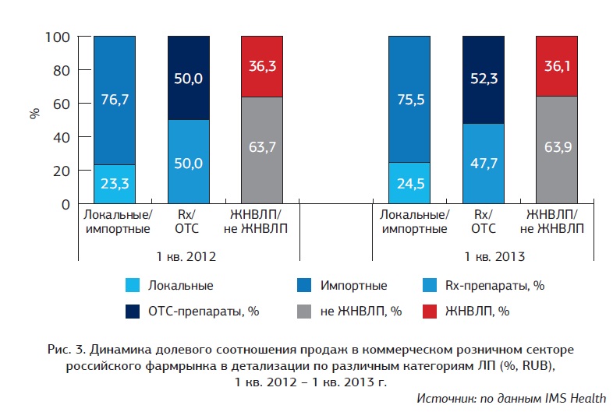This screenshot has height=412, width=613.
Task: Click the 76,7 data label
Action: pyautogui.click(x=115, y=98)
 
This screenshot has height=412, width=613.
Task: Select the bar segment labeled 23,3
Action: pyautogui.click(x=115, y=185)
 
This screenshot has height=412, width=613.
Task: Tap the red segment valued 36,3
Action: pyautogui.click(x=261, y=66)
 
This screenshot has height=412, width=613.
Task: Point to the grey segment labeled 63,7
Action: pyautogui.click(x=261, y=150)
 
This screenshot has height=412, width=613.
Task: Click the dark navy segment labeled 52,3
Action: pyautogui.click(x=483, y=80)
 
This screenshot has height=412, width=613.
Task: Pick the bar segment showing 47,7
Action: pyautogui.click(x=483, y=164)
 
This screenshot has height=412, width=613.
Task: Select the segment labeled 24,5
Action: pyautogui.click(x=409, y=183)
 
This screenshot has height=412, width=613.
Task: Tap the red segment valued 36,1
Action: pyautogui.click(x=557, y=66)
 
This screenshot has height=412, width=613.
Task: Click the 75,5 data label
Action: pyautogui.click(x=409, y=99)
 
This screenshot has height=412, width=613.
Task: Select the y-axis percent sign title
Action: pyautogui.click(x=34, y=112)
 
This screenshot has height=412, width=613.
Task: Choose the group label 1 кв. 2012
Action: pyautogui.click(x=187, y=255)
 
